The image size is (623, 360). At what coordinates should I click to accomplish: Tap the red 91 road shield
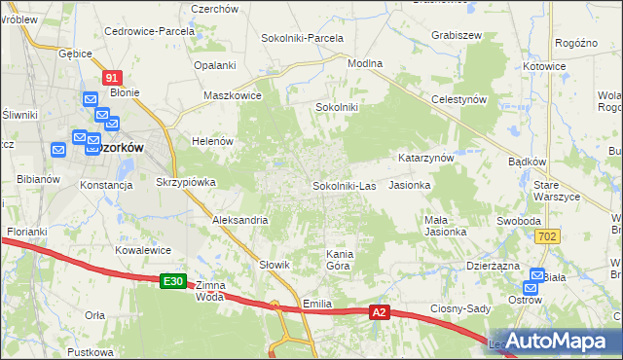(x=112, y=77)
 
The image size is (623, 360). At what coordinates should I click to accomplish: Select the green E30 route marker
(x=173, y=281)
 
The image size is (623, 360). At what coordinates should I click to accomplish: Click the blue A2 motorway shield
(x=381, y=312)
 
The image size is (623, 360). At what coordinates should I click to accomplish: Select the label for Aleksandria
(x=240, y=220)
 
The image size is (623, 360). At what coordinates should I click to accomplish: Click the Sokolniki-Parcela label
(x=302, y=38)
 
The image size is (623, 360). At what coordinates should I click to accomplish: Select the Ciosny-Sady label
(x=458, y=308)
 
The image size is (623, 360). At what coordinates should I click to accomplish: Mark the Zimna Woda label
(x=209, y=291)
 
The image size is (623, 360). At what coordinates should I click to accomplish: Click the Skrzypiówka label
(x=185, y=182)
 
